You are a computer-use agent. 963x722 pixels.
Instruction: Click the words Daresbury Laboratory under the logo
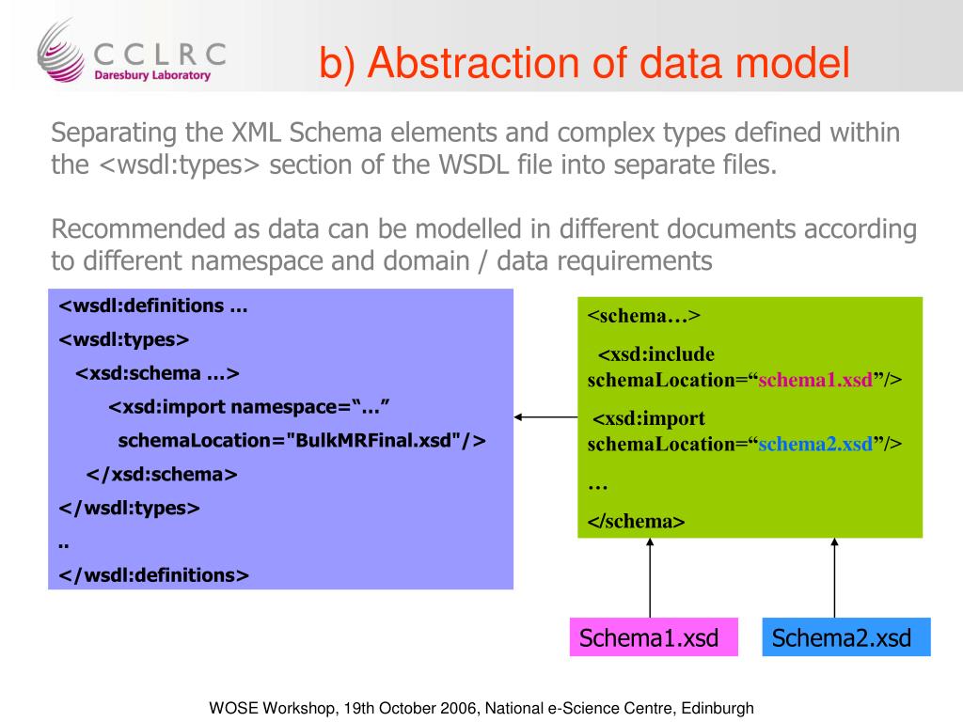pyautogui.click(x=152, y=75)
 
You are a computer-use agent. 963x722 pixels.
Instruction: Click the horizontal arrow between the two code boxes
pyautogui.click(x=546, y=416)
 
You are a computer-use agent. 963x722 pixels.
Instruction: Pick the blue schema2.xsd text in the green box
pyautogui.click(x=815, y=444)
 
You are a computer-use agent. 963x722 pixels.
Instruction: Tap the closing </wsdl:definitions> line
pyautogui.click(x=154, y=575)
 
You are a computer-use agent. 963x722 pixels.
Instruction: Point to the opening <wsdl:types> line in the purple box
pyautogui.click(x=125, y=338)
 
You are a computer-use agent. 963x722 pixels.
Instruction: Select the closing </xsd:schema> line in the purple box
pyautogui.click(x=162, y=474)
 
